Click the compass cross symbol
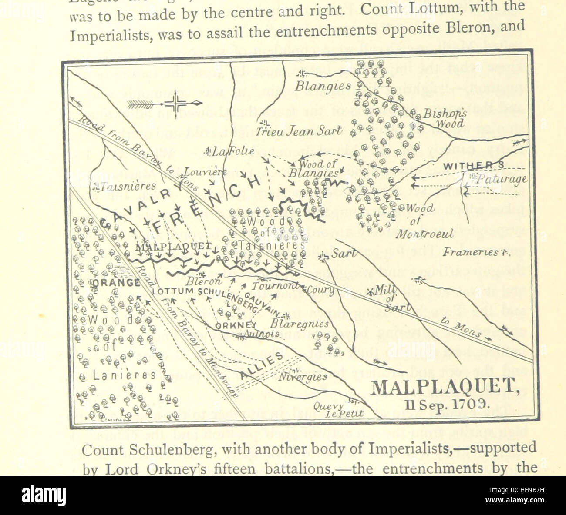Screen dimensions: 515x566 coord(175,104)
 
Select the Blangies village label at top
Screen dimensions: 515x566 coord(323,86)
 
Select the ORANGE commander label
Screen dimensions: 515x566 coord(116,283)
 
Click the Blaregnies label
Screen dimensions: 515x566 coord(299,324)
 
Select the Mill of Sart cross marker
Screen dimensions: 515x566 coord(371,291)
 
